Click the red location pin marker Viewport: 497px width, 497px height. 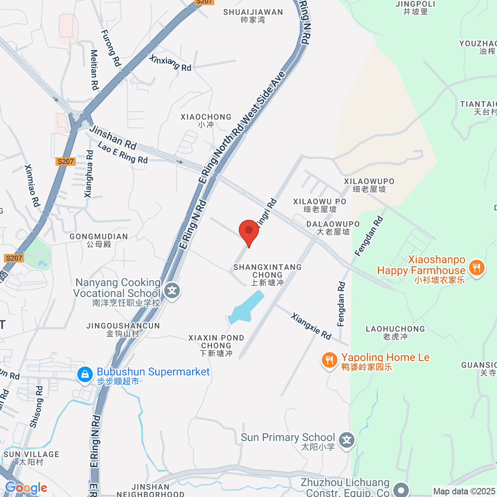click(249, 231)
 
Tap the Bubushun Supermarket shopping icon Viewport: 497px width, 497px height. click(85, 375)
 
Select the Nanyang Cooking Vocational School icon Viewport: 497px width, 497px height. click(172, 291)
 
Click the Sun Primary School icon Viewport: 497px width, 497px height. click(347, 440)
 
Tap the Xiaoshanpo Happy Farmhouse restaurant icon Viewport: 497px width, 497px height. click(476, 268)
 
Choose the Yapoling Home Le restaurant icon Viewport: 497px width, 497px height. click(329, 360)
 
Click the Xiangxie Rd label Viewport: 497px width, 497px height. click(311, 326)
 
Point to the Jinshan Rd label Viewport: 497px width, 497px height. click(113, 138)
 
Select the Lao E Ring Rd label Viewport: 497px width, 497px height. click(123, 152)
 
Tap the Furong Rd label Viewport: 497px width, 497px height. click(111, 48)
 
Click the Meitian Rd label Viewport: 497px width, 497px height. click(94, 70)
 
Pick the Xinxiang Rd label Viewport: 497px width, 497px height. click(170, 63)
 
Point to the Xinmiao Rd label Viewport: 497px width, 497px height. click(31, 186)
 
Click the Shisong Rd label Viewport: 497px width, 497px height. click(36, 407)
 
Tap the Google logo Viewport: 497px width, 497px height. click(26, 488)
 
